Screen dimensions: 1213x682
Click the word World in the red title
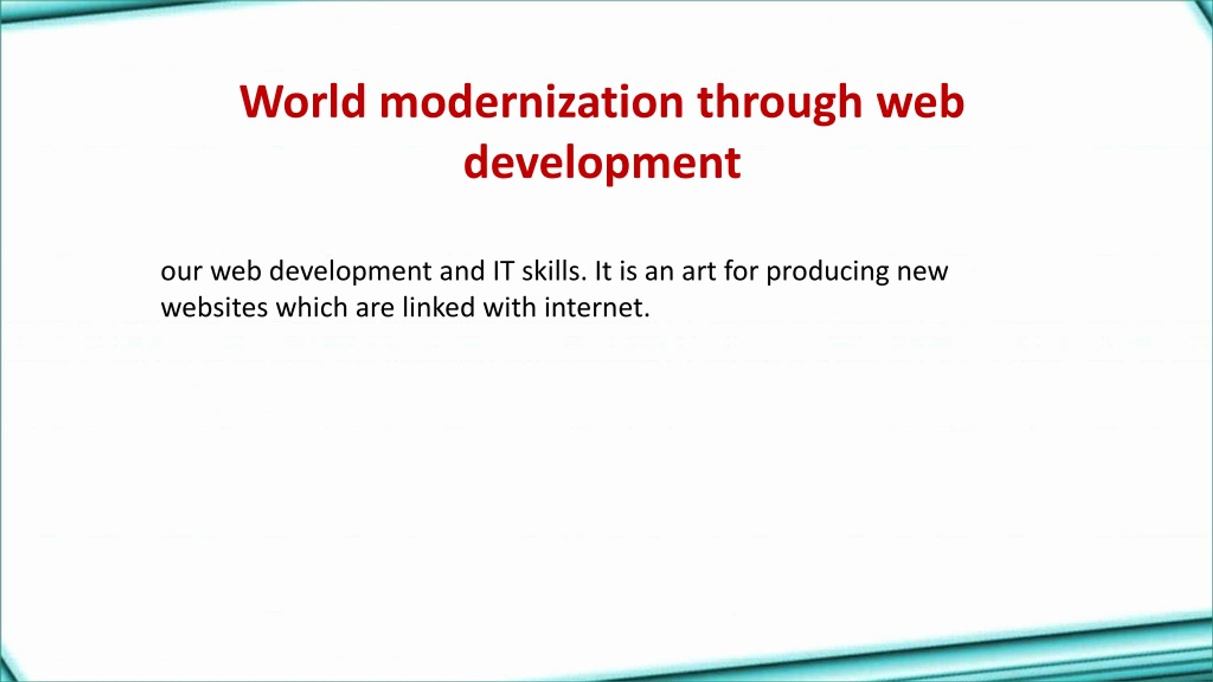pos(303,101)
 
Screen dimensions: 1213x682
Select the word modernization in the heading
pos(531,101)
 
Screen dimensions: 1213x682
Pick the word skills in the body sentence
pos(552,271)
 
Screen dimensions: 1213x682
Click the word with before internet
pos(509,307)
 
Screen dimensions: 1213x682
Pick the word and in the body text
pos(459,271)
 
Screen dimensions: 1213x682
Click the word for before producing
pos(741,271)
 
